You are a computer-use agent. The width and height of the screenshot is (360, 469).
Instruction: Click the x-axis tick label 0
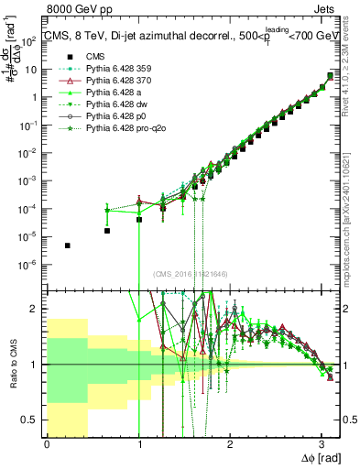coord(47,444)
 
